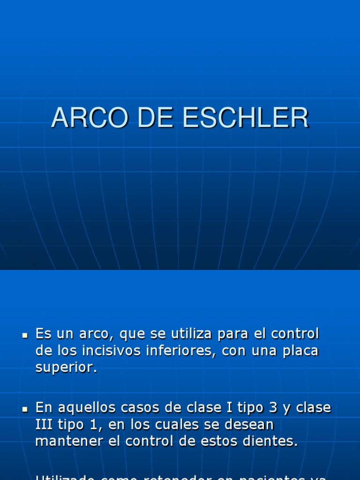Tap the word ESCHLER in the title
coord(246,118)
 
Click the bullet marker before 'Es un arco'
coord(25,336)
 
